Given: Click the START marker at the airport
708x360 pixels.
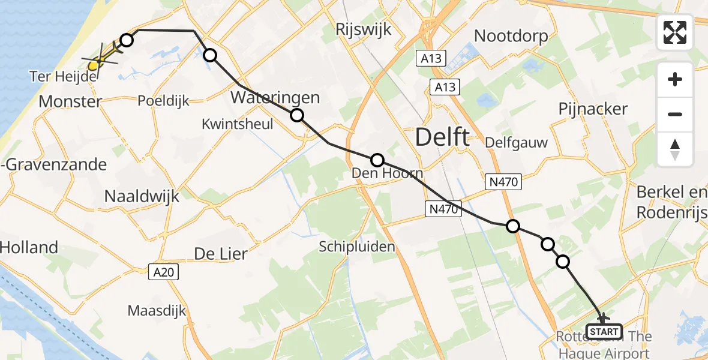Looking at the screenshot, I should coord(604,331).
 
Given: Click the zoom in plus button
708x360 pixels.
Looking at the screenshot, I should coord(675,79).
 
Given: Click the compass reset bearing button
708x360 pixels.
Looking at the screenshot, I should coord(675,149).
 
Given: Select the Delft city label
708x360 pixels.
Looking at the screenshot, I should coord(443,138).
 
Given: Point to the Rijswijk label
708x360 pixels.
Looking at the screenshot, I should coord(364,29).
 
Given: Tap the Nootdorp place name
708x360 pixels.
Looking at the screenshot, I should coord(511,36).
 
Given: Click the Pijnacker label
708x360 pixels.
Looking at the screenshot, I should coord(593,109).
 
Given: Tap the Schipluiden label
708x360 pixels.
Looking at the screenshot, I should coord(356,247).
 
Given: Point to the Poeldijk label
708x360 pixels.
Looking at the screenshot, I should coord(163,101).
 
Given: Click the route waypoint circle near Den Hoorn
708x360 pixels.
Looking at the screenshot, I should coord(377,160).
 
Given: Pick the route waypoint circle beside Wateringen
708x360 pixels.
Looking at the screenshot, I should coord(296,115).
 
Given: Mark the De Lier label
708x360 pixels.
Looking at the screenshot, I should coord(220,254).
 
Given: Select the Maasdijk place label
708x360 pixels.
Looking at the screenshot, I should coord(157,311).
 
